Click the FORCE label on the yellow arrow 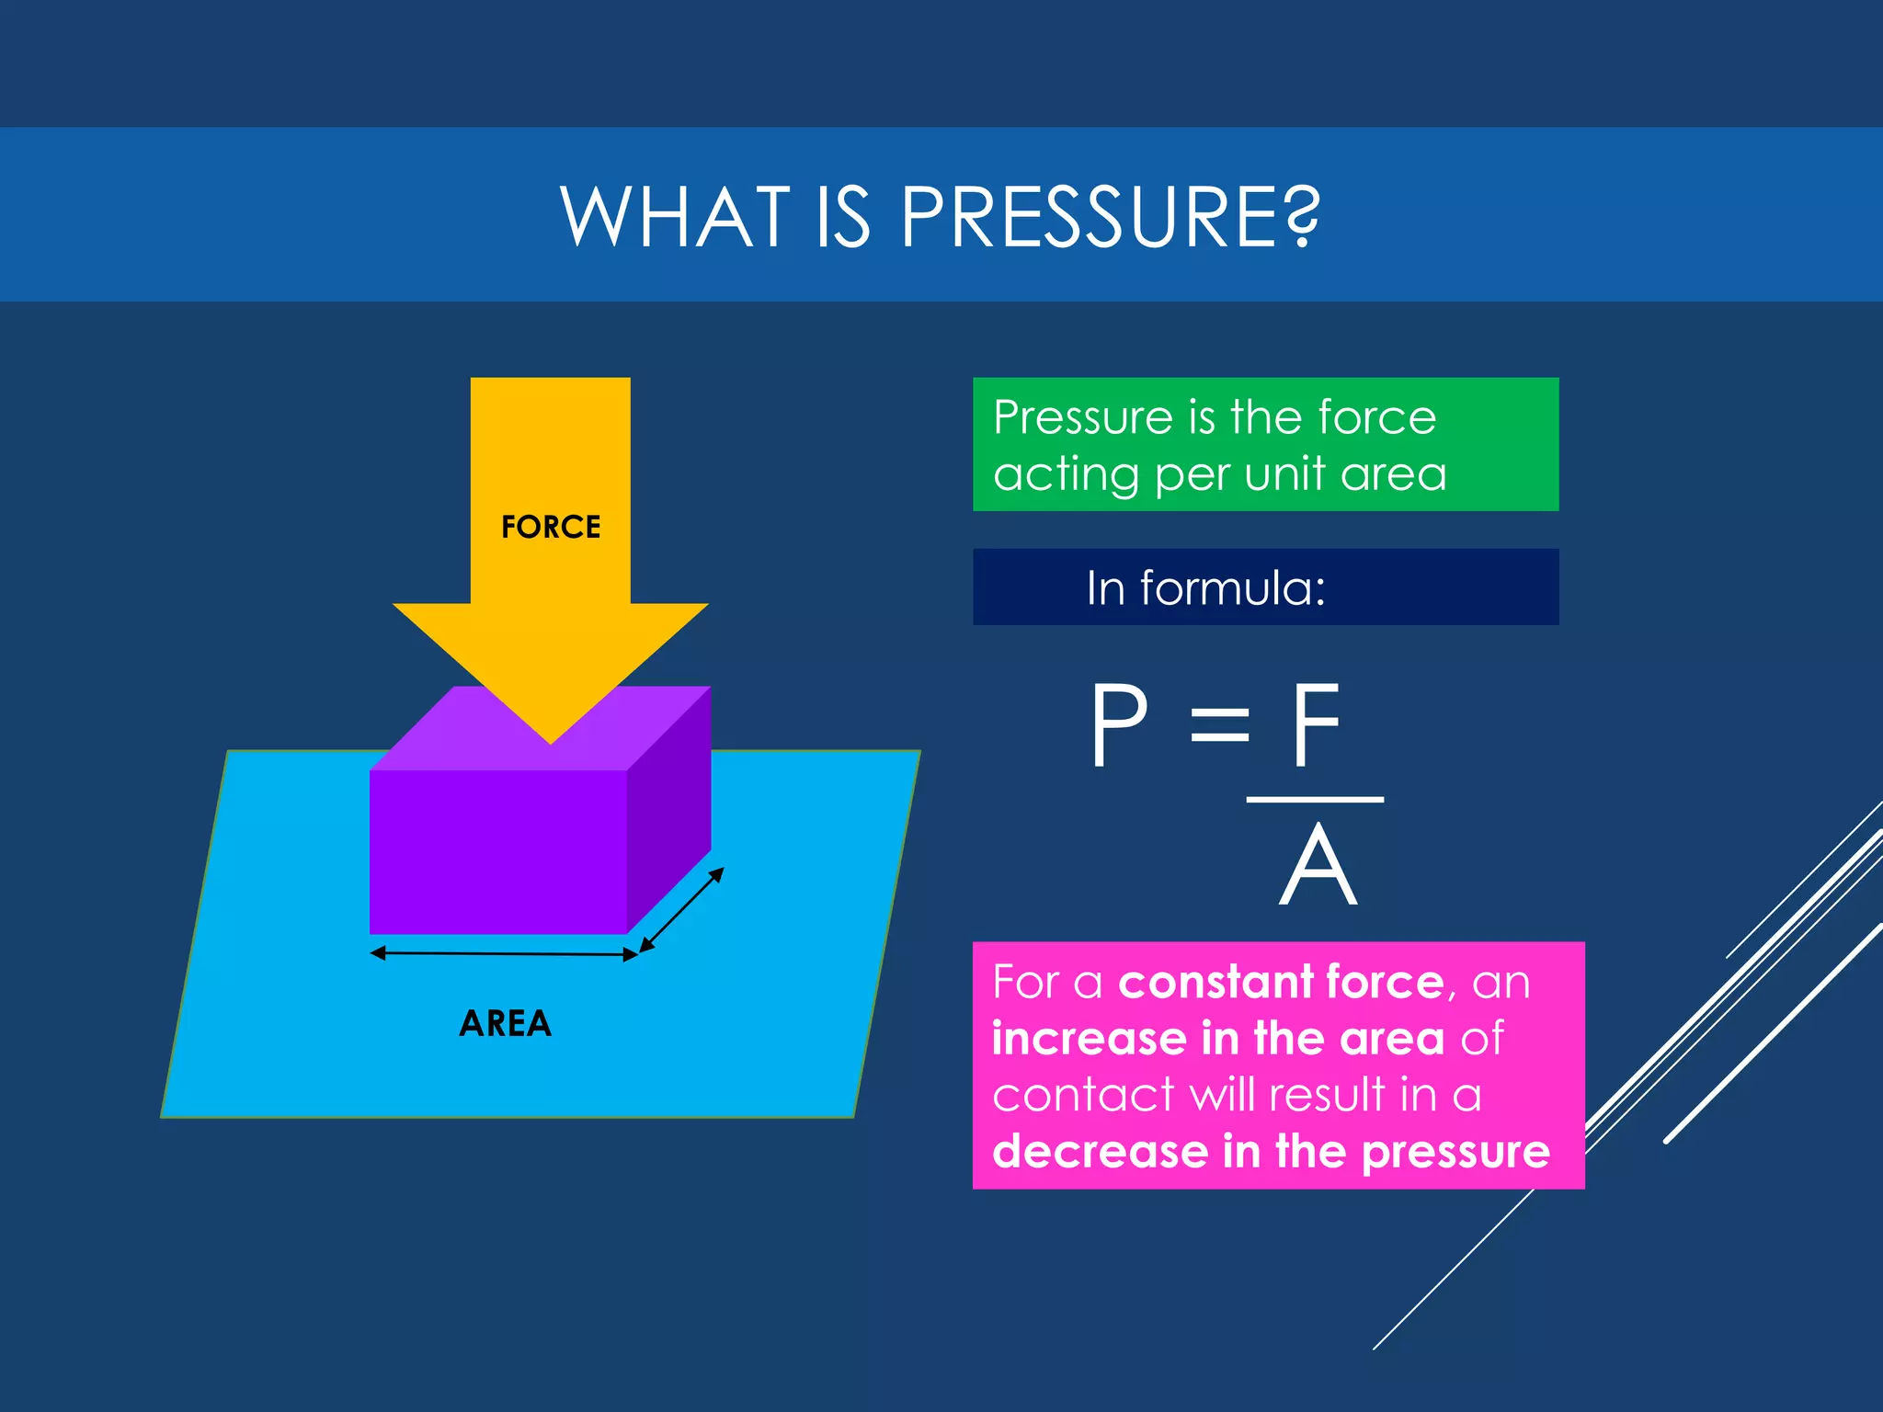(x=550, y=527)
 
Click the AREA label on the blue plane (x=505, y=1023)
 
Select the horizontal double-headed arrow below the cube (x=504, y=954)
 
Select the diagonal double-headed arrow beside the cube (x=681, y=910)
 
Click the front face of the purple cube (x=497, y=850)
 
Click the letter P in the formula (x=1118, y=726)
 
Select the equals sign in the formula (x=1219, y=726)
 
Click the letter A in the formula (x=1318, y=866)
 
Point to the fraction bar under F (x=1315, y=800)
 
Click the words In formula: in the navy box (x=1205, y=587)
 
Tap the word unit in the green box (x=1284, y=474)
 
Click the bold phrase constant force (x=1281, y=982)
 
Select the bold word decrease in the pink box (x=1100, y=1152)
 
